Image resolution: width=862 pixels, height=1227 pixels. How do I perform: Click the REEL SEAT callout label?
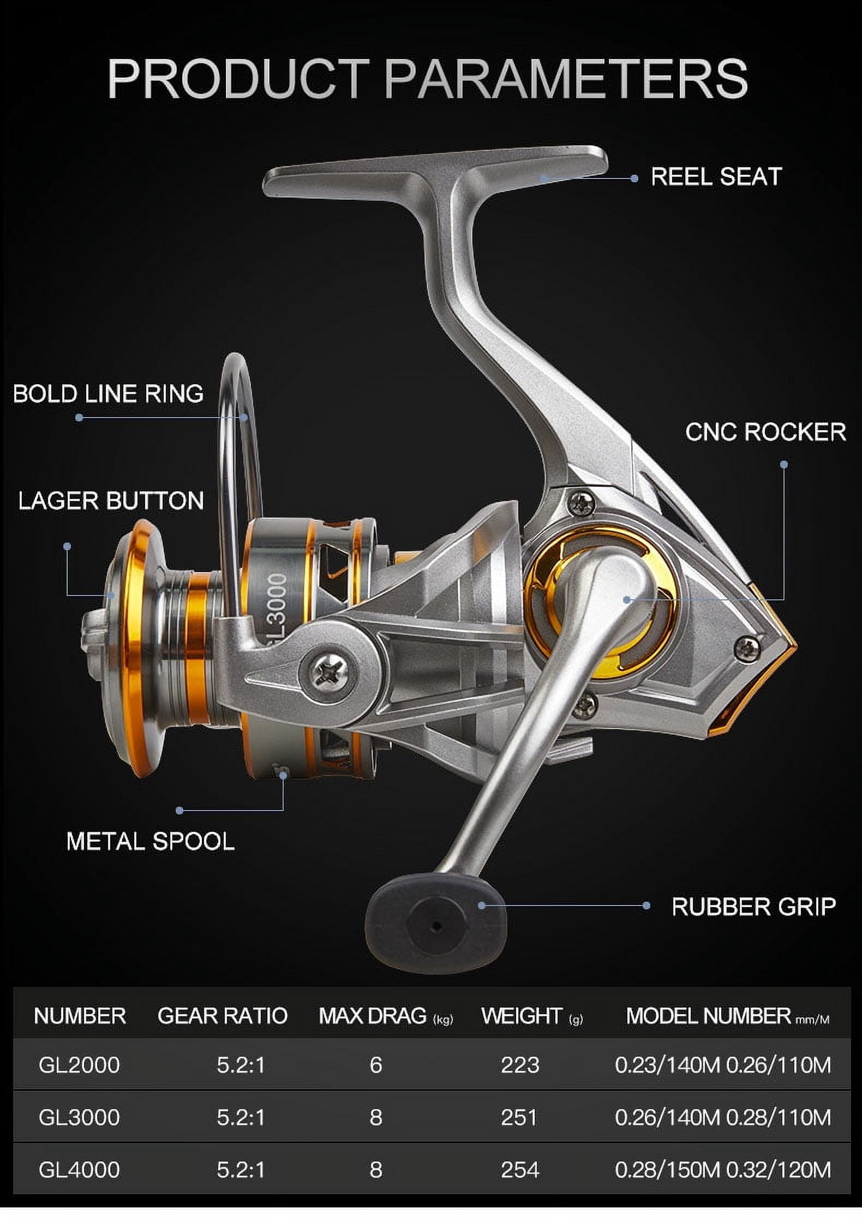tap(716, 177)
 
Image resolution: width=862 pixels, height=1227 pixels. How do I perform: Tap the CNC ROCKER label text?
tap(765, 432)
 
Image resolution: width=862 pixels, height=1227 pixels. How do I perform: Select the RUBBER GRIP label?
tap(753, 907)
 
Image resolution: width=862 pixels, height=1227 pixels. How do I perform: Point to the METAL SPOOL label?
tap(151, 841)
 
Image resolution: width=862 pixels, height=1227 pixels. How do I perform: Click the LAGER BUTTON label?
tap(111, 501)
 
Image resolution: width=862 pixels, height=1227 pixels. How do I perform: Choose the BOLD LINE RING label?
tap(108, 394)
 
